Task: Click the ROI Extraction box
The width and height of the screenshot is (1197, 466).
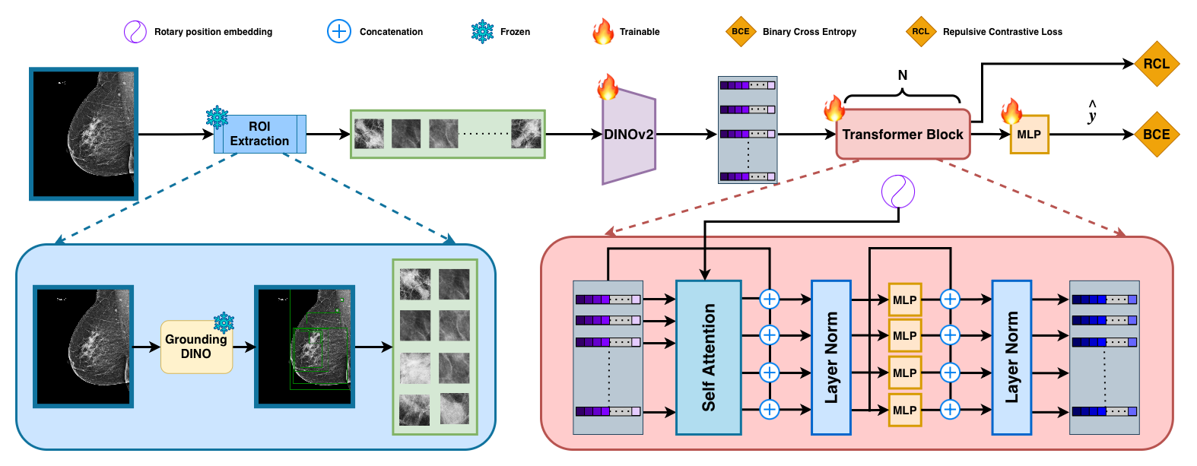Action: (259, 134)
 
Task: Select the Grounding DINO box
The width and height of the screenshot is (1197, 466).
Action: (196, 347)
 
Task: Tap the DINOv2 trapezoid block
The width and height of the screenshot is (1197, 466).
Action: (629, 135)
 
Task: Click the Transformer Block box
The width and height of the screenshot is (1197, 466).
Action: (903, 135)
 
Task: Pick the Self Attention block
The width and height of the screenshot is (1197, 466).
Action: (708, 357)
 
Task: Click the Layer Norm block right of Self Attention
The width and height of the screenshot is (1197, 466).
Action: (830, 357)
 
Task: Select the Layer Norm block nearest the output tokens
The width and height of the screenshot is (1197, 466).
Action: (1011, 357)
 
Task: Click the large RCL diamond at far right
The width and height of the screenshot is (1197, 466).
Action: (1156, 64)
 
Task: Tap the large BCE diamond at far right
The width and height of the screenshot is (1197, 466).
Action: (1156, 134)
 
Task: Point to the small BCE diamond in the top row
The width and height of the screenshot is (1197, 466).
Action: (741, 31)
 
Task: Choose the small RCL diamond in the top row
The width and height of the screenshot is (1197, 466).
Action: (920, 31)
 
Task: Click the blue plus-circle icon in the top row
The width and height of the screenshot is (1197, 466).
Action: (338, 31)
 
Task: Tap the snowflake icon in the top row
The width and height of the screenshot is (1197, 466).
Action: (482, 31)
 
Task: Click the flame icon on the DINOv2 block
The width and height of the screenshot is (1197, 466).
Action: (607, 87)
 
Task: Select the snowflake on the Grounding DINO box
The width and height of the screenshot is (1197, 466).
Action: (224, 322)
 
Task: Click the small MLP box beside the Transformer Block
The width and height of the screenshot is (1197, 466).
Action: (1029, 135)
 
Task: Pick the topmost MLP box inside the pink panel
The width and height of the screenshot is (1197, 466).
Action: (904, 300)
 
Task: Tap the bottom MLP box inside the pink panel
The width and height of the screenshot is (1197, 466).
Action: (904, 410)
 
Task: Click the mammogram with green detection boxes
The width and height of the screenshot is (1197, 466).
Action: (304, 347)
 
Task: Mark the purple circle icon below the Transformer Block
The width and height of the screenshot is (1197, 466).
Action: (897, 192)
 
